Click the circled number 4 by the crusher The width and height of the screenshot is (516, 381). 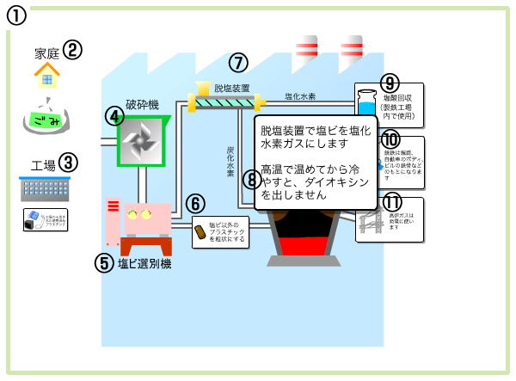coord(115,116)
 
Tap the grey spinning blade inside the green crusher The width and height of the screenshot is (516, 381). coord(143,139)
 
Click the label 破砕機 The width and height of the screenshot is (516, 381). coord(142,104)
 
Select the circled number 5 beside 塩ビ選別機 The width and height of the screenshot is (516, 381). coord(105,262)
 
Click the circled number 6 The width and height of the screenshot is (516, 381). coord(196,204)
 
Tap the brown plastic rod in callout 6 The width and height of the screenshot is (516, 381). coord(200,231)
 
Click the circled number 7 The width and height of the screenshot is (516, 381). coord(238,62)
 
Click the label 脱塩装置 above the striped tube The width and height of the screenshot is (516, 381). coord(231,88)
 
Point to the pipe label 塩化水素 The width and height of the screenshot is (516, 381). coord(300,96)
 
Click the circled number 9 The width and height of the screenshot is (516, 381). coord(390,83)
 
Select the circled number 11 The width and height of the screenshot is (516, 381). coord(392,203)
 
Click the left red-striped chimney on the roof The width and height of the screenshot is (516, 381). coord(306,51)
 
